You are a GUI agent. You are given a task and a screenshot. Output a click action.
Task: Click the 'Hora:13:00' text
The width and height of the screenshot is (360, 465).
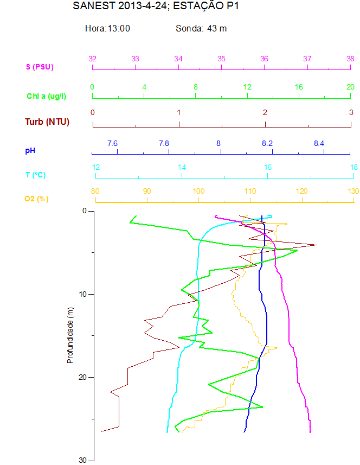point(107,28)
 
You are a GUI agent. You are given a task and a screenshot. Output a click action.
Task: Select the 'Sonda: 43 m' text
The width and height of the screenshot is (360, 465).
point(201,28)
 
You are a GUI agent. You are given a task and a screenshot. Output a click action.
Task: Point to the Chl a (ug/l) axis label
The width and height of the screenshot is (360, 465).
point(47,96)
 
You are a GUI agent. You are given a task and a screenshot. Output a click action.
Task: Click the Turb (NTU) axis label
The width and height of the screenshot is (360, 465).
point(47,122)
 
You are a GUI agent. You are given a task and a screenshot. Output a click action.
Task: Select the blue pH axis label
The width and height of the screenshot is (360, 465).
point(30,149)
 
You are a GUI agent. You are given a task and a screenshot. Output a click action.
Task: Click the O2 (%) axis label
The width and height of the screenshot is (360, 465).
point(36,199)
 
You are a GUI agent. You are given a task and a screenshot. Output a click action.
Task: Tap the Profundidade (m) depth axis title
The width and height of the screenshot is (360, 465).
point(69,335)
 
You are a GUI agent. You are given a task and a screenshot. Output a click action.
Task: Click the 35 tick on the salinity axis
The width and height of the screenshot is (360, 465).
point(222,59)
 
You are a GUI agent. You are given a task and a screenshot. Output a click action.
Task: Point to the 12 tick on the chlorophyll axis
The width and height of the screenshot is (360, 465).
point(247,87)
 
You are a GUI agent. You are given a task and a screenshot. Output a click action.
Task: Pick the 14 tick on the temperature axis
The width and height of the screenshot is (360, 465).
point(182,167)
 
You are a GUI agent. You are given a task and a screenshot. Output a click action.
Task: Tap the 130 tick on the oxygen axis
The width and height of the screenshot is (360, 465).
point(353,191)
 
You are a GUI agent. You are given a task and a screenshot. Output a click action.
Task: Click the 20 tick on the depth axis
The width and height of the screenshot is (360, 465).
point(83,377)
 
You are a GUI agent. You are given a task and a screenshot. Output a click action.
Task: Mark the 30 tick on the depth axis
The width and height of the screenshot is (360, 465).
point(83,460)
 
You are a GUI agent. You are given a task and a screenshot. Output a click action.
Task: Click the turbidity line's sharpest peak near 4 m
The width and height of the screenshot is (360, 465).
point(317,245)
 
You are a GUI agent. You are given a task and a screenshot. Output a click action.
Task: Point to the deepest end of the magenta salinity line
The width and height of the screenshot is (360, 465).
point(310,432)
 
